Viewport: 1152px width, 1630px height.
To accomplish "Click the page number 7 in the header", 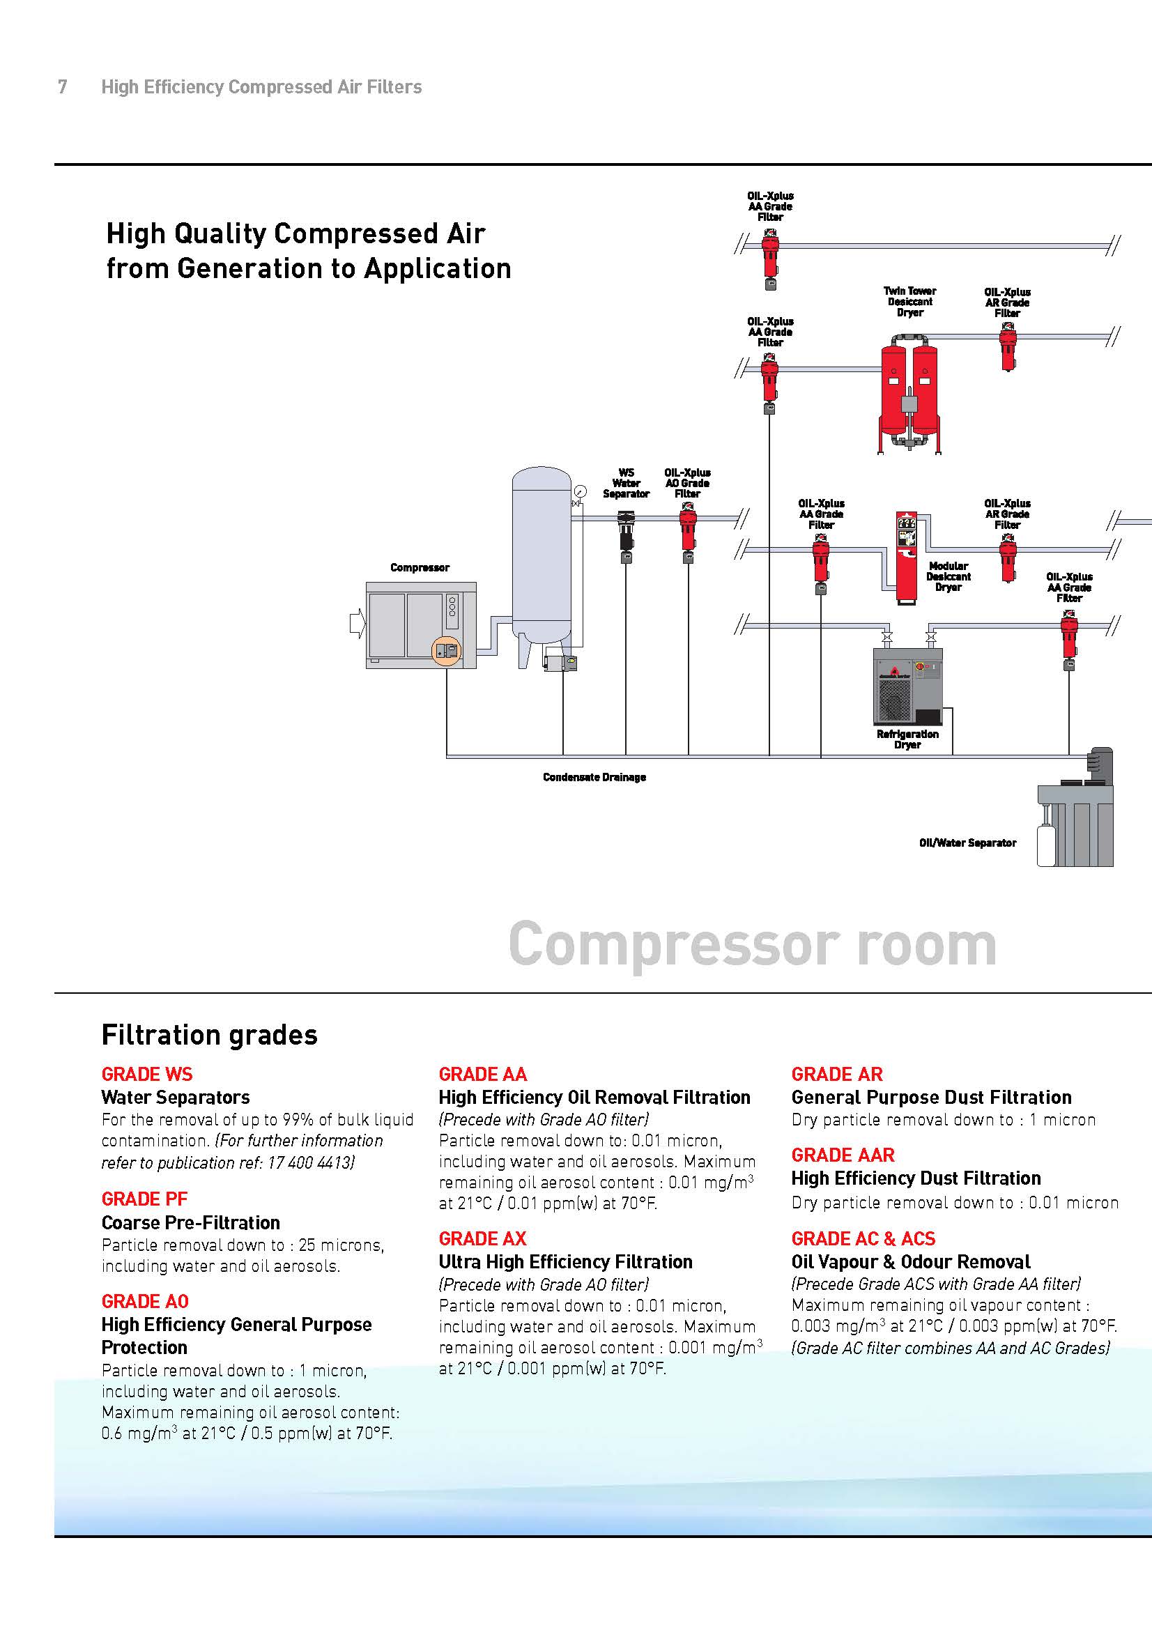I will point(63,86).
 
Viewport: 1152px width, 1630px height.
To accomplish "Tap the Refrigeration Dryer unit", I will point(908,686).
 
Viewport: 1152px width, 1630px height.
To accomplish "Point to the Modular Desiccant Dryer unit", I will point(906,558).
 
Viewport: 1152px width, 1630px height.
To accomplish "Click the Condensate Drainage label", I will point(594,778).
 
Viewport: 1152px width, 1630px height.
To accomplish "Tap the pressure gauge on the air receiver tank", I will point(581,491).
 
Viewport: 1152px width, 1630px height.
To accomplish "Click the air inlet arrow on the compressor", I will point(357,624).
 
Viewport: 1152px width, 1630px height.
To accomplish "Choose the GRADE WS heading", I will point(147,1074).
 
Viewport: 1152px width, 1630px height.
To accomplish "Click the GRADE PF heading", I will point(144,1199).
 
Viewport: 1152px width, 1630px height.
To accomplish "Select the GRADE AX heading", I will point(483,1239).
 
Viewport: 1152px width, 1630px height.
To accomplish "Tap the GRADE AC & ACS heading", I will point(863,1239).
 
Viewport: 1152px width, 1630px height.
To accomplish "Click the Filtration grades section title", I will point(209,1035).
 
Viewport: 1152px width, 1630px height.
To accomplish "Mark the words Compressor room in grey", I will point(753,944).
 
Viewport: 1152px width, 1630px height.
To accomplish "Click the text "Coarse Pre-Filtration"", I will point(190,1222).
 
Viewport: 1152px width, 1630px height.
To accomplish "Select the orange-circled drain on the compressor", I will point(447,650).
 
